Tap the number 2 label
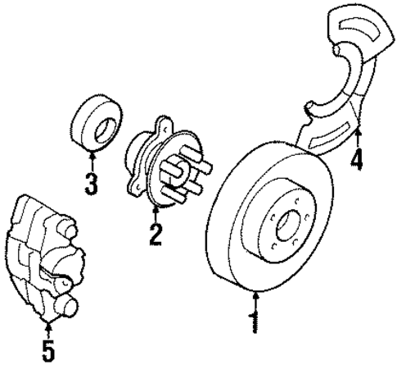click(x=155, y=235)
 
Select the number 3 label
click(x=92, y=183)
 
